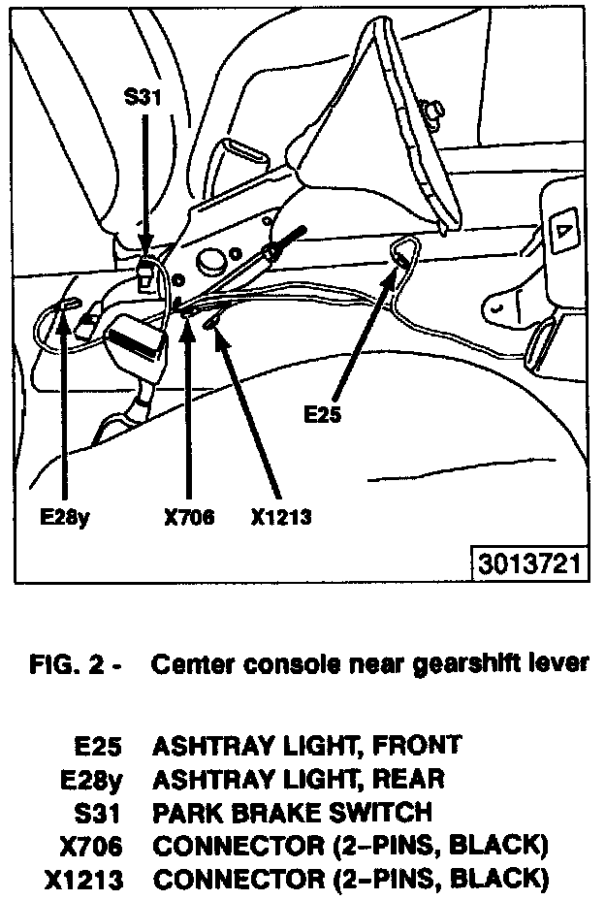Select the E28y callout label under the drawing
coord(65,517)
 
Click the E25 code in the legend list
coord(99,746)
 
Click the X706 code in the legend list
coord(91,846)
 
